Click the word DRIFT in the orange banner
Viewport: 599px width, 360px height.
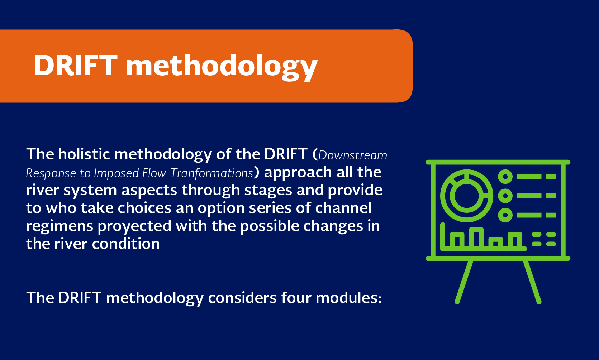75,66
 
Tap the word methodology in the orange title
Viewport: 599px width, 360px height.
222,67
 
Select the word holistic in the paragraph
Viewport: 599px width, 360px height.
84,154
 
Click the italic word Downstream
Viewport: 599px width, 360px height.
353,155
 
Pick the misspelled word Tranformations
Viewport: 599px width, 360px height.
211,173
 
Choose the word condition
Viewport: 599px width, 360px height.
126,244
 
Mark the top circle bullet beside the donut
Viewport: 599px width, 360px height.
505,177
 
